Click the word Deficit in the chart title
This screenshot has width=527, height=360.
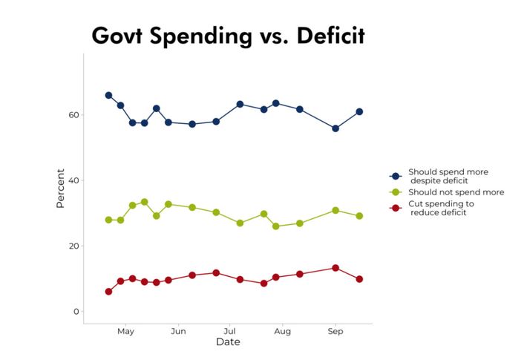click(321, 35)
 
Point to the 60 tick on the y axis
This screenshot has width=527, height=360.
click(73, 115)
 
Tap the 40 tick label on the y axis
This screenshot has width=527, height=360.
click(73, 180)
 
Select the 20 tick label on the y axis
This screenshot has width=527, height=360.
click(73, 246)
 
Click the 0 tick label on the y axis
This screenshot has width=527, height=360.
click(76, 311)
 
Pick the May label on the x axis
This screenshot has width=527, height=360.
click(125, 331)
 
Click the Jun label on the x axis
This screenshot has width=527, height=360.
click(178, 331)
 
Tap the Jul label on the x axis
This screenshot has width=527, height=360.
click(229, 331)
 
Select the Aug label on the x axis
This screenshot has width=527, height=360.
click(282, 331)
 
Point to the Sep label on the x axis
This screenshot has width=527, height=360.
click(335, 331)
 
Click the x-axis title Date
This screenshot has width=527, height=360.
click(228, 342)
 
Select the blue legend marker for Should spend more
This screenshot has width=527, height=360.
click(396, 176)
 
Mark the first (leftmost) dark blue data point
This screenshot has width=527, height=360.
click(108, 95)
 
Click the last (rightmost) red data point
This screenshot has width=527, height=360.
click(359, 279)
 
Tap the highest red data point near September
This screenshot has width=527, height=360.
click(335, 268)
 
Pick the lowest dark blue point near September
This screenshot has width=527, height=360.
click(335, 128)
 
